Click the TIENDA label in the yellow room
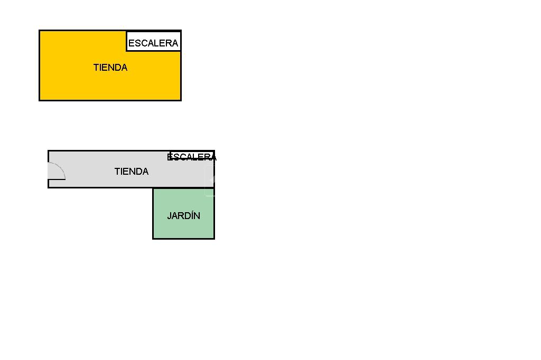(x=110, y=68)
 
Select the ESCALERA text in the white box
(x=153, y=43)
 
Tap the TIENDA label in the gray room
(x=131, y=172)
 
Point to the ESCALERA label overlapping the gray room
(x=192, y=157)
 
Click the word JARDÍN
(x=183, y=216)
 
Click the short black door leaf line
(x=57, y=179)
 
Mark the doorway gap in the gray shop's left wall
(x=48, y=171)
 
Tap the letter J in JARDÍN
(x=169, y=216)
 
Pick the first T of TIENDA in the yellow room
(x=96, y=68)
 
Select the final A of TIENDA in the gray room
(x=145, y=172)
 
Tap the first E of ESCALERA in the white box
(x=131, y=43)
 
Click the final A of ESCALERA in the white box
(x=175, y=43)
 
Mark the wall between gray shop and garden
(x=183, y=188)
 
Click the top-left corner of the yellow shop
(x=40, y=31)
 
